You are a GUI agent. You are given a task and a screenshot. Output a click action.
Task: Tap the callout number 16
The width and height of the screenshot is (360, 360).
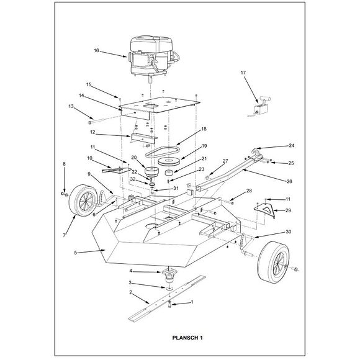[97, 50]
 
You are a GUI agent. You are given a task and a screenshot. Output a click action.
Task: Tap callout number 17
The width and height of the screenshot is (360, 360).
[243, 73]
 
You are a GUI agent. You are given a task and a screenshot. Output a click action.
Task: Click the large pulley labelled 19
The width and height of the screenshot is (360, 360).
[169, 162]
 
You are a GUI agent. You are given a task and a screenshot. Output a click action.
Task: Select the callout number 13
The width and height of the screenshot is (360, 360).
[71, 107]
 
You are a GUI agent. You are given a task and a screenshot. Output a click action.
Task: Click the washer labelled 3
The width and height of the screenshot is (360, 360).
[168, 288]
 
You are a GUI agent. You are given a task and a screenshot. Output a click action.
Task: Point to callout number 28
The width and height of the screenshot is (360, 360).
[249, 191]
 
